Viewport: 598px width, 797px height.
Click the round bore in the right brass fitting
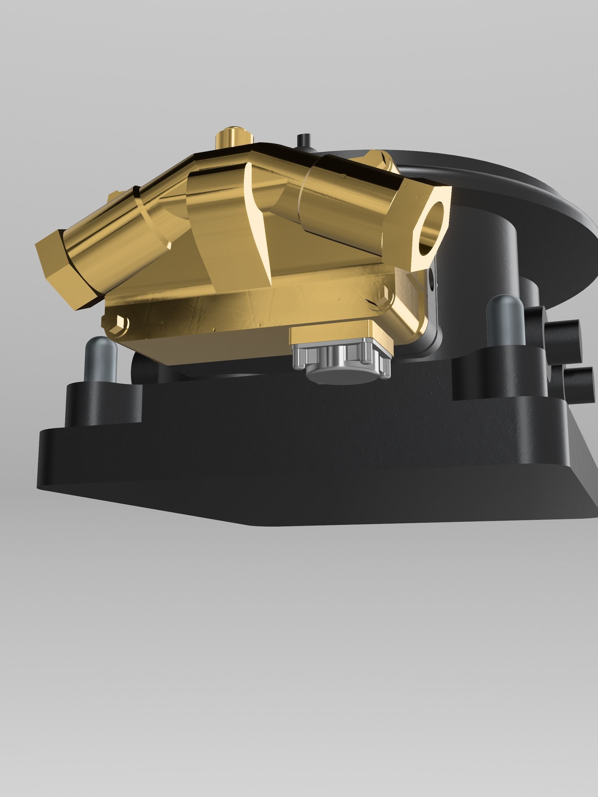[431, 228]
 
